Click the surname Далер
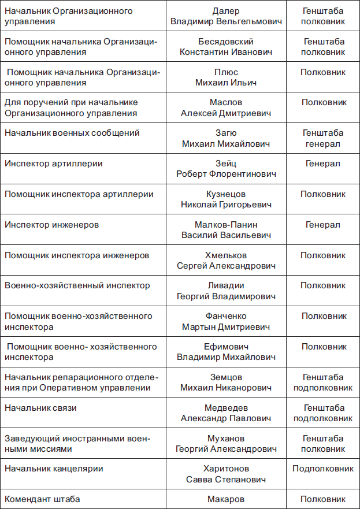click(225, 11)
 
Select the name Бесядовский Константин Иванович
click(225, 47)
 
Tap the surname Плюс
click(225, 72)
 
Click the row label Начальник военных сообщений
click(72, 133)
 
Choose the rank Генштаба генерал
click(323, 139)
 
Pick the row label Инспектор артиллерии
click(54, 164)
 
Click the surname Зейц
click(225, 164)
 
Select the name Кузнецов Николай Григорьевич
click(225, 199)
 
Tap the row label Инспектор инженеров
click(51, 225)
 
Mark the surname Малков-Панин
click(226, 225)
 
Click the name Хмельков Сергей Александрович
click(226, 261)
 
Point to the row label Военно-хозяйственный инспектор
click(77, 285)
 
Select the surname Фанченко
click(226, 316)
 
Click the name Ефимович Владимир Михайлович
click(226, 352)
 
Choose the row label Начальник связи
click(40, 408)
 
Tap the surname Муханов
click(226, 439)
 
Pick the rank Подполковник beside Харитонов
click(323, 469)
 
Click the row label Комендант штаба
click(42, 499)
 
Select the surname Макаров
click(226, 499)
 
